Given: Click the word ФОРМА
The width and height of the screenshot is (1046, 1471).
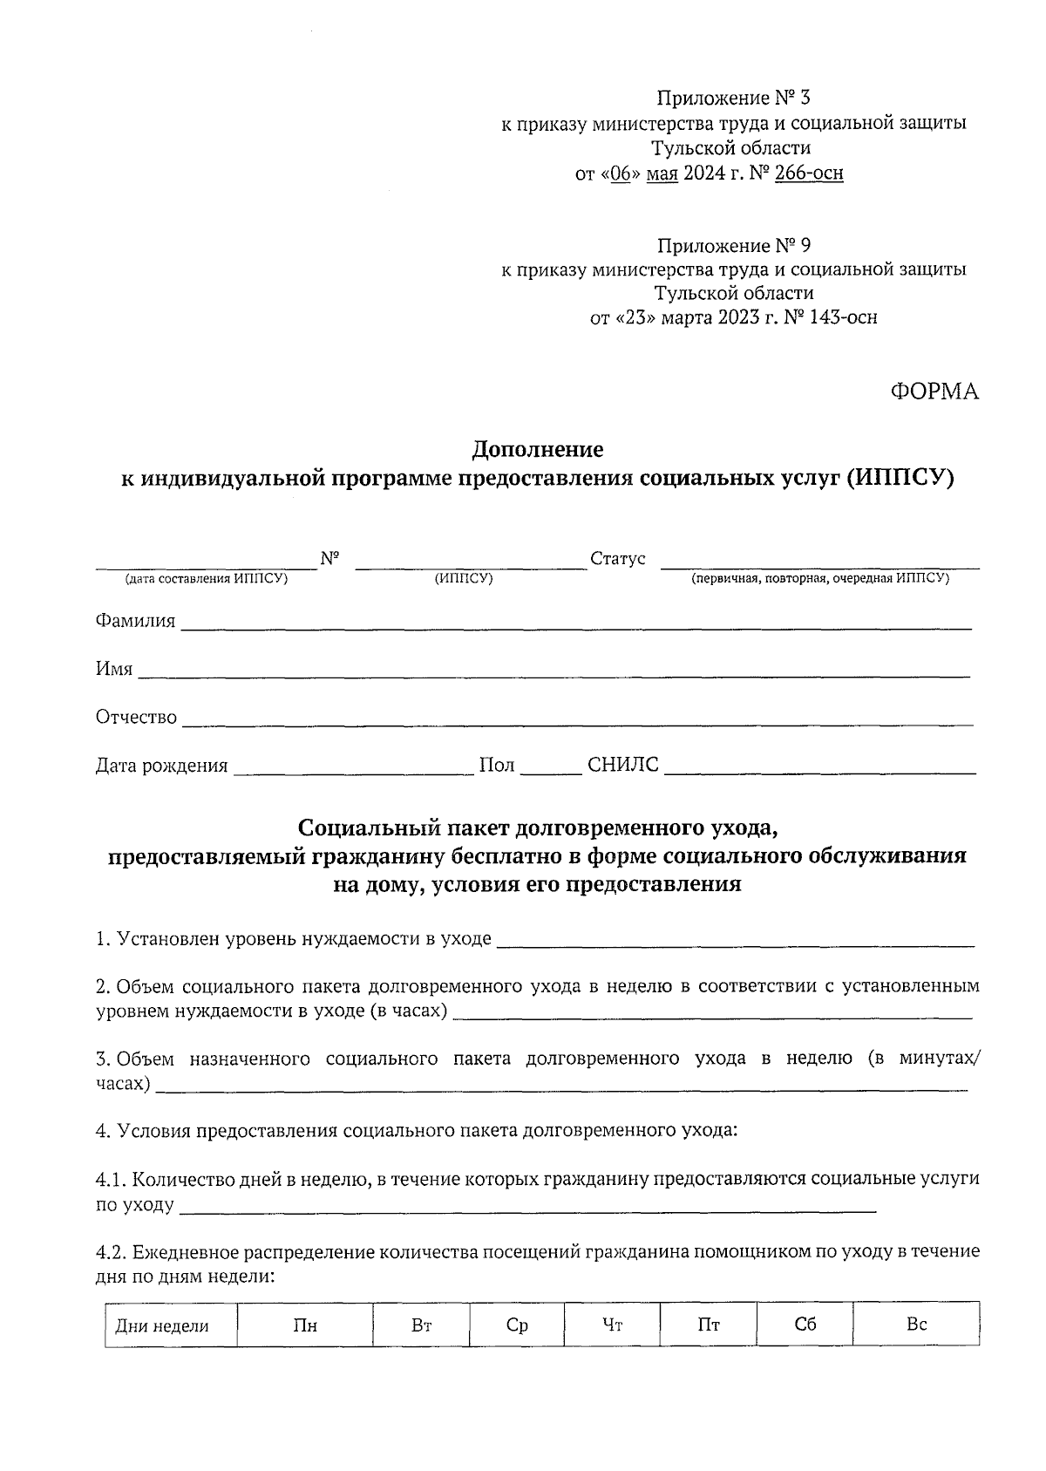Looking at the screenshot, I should click(934, 392).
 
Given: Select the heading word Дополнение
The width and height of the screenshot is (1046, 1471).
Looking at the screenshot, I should click(537, 450).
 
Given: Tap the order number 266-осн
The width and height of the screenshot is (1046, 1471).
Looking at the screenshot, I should click(809, 173).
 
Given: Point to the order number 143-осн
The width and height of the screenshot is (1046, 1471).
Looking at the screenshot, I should click(842, 317).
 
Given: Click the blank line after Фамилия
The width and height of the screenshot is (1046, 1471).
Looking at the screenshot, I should click(575, 623).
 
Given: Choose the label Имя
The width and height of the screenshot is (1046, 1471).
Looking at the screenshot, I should click(113, 669).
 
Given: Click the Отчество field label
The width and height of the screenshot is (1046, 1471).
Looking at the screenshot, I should click(135, 717).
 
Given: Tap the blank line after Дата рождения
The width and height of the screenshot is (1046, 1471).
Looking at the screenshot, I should click(353, 766).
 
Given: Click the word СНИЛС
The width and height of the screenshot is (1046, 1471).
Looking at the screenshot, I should click(623, 766).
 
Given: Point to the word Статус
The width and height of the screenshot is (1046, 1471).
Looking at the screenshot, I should click(617, 558).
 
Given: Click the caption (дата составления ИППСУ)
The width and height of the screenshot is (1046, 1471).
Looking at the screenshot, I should click(207, 578).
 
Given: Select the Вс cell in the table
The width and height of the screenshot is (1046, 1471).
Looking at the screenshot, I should click(916, 1325).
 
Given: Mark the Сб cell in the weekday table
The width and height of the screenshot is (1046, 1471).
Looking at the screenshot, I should click(805, 1325).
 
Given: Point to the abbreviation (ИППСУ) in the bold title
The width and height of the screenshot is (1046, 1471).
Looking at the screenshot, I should click(901, 478).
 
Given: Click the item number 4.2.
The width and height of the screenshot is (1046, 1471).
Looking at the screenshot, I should click(111, 1252).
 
